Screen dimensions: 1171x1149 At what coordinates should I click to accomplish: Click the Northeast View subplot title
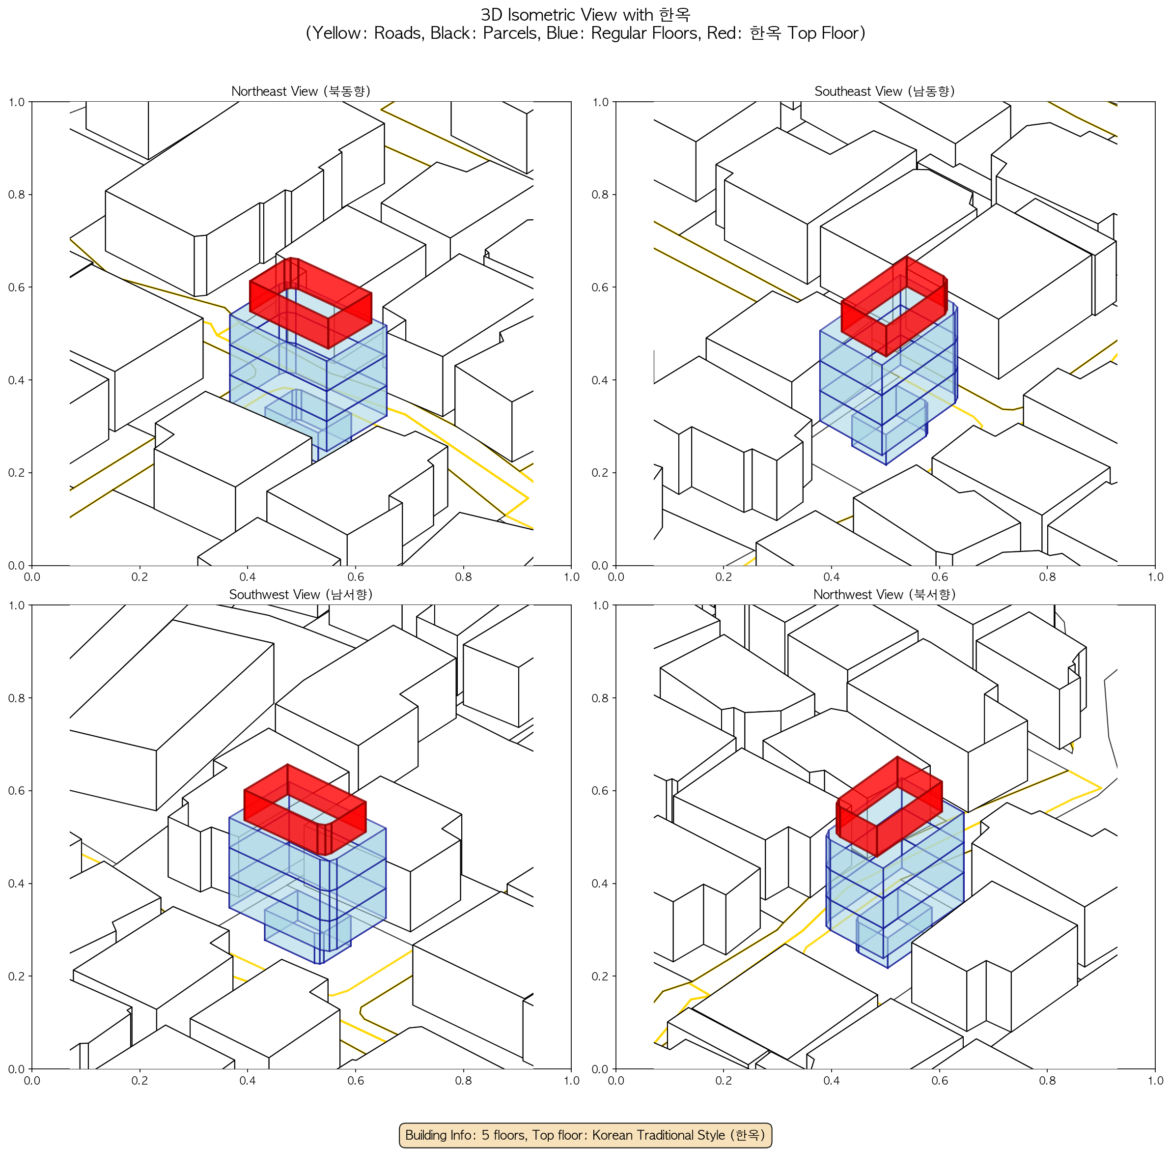[301, 91]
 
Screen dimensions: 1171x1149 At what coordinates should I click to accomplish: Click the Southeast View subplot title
[885, 91]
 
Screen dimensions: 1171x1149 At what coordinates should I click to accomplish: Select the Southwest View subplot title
[301, 595]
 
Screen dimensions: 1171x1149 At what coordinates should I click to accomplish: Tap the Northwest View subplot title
[885, 595]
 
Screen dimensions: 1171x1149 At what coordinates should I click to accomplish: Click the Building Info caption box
[585, 1135]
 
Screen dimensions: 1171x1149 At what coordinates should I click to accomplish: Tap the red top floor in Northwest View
[889, 806]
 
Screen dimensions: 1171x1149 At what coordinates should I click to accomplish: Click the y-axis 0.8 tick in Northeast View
[16, 194]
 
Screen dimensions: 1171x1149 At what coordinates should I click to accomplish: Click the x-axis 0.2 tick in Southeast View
[724, 577]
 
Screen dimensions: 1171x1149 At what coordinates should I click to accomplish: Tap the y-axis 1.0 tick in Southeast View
[600, 102]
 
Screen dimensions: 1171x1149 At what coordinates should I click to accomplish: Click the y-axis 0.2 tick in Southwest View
[16, 976]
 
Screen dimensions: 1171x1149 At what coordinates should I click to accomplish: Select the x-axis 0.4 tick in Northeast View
[248, 577]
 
